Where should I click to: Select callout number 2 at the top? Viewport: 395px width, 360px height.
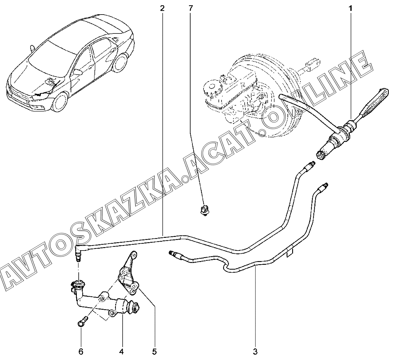pyautogui.click(x=162, y=8)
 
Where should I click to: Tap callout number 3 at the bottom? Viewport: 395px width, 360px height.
pyautogui.click(x=255, y=352)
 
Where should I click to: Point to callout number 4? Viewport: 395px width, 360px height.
pyautogui.click(x=121, y=352)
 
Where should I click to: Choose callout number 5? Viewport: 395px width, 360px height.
pyautogui.click(x=154, y=352)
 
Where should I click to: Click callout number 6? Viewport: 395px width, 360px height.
pyautogui.click(x=81, y=352)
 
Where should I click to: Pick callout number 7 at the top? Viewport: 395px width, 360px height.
pyautogui.click(x=190, y=8)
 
